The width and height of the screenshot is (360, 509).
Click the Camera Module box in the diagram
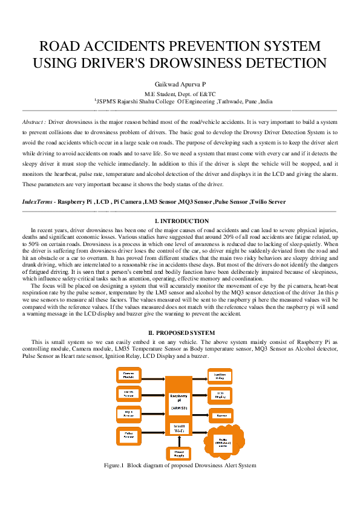[128, 375]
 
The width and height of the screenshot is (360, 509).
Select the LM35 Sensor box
[128, 394]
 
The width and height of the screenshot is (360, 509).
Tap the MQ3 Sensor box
[128, 414]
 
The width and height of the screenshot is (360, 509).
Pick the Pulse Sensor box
[128, 434]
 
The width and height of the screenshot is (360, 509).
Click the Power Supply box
[178, 453]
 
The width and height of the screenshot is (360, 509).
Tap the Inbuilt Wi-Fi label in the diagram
[178, 429]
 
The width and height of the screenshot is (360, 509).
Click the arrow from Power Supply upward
[178, 442]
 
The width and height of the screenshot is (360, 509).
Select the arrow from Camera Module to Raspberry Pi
[154, 375]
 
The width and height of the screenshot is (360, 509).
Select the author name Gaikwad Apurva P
[180, 85]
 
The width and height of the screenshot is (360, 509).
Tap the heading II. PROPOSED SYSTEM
[180, 333]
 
